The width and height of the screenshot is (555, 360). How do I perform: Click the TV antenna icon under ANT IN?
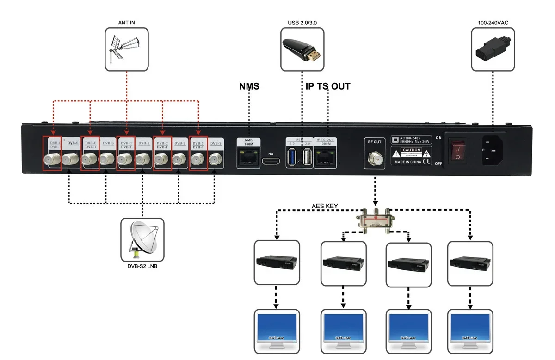point(126,49)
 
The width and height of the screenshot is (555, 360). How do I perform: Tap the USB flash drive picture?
point(302,49)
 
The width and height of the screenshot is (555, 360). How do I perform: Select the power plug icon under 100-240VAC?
point(493,49)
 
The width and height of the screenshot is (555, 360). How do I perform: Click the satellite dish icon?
point(142,240)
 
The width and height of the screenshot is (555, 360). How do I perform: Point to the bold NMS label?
point(249,86)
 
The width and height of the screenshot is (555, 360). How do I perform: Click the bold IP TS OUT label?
point(328,86)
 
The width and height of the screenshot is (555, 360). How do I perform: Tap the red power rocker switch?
point(457,152)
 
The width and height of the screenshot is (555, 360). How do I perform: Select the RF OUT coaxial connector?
point(374,159)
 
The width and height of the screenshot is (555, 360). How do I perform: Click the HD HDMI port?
point(271,161)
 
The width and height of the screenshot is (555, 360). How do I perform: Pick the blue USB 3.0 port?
point(293,157)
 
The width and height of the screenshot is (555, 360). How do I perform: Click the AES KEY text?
point(326,206)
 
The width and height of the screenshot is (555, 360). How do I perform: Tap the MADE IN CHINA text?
point(407,162)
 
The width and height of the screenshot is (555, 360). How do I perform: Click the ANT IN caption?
point(126,22)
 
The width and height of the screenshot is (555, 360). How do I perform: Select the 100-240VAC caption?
point(493,22)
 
